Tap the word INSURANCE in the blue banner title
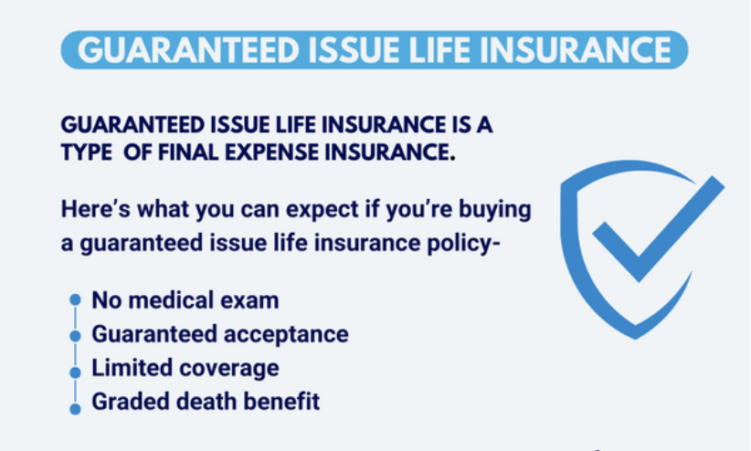pos(576,50)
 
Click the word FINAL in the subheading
pos(188,152)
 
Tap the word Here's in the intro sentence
pos(96,209)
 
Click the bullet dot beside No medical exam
pos(75,299)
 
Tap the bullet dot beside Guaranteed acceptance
pos(75,336)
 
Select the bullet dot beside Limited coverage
pos(75,372)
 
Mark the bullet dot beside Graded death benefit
pos(75,409)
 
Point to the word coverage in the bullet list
pos(229,368)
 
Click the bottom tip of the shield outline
pos(636,339)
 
